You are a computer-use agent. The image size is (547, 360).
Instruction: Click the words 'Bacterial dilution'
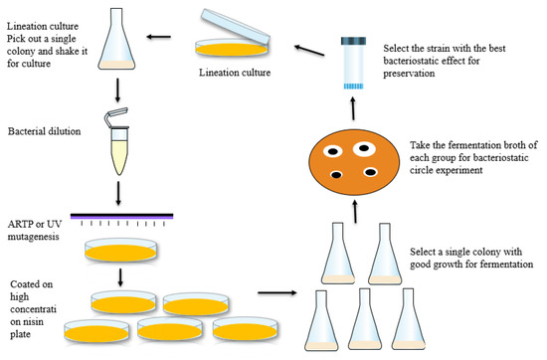45,131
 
